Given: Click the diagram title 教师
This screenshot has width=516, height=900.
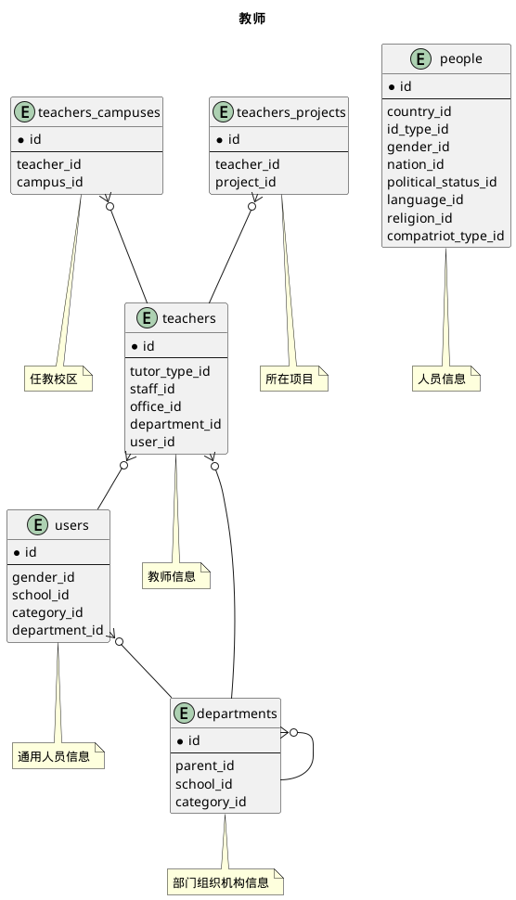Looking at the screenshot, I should [252, 19].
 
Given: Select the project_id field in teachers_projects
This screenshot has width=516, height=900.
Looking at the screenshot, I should [246, 182].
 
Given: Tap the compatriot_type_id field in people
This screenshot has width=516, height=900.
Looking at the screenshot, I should [445, 235].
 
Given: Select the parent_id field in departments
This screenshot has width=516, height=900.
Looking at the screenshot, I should [204, 766].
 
